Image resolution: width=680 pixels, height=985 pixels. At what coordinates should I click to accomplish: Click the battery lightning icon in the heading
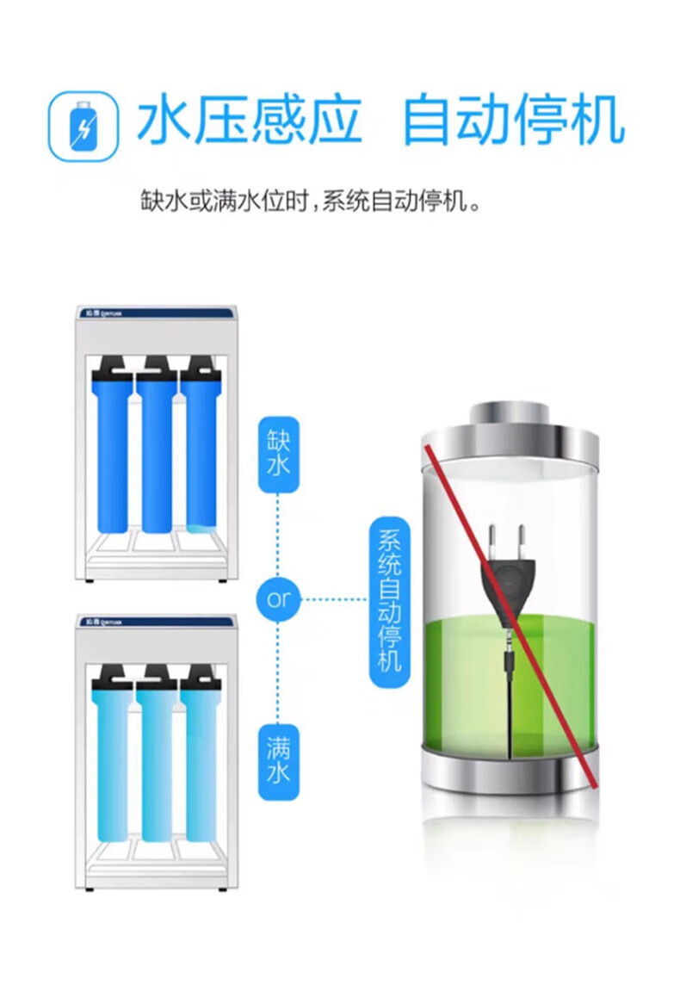tap(83, 126)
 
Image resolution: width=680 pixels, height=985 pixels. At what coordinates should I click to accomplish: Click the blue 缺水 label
tap(279, 456)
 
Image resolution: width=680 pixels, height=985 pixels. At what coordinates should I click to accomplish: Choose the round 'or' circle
tap(279, 599)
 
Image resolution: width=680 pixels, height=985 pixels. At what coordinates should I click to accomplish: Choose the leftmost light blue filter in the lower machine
tap(112, 758)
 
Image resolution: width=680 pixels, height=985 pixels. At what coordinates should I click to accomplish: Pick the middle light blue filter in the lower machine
tap(157, 758)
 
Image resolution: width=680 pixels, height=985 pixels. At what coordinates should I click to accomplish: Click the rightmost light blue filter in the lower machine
tap(201, 758)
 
